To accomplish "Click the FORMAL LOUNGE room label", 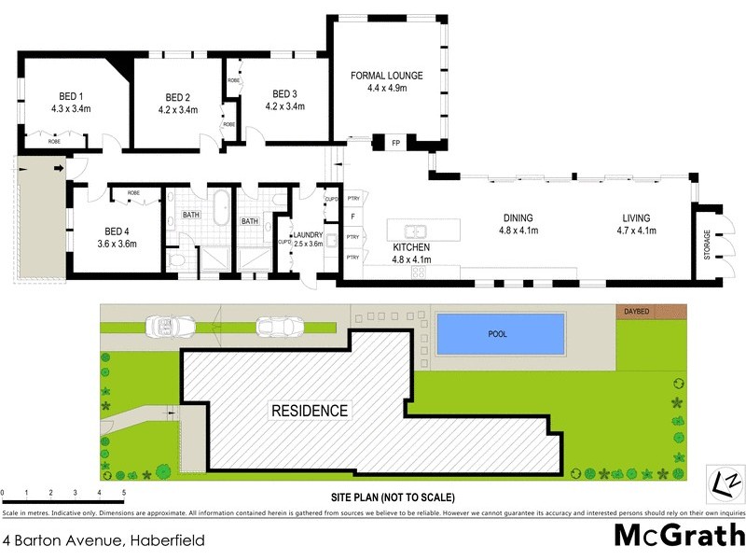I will [386, 76].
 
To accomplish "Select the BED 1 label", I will [69, 96].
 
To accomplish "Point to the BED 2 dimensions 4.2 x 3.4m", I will [178, 110].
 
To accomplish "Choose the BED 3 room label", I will [284, 93].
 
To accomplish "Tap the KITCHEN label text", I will [411, 247].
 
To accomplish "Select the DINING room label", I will [516, 217].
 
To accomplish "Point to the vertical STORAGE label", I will [707, 245].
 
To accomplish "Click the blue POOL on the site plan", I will [501, 331].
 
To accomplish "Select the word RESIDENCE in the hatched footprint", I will [310, 411].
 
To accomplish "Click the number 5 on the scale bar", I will [124, 492].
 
